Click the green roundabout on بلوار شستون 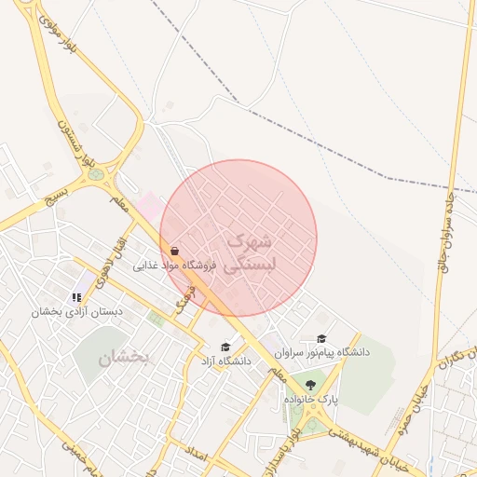click(97, 173)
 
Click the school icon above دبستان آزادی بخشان click(76, 297)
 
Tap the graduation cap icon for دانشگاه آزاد click(225, 347)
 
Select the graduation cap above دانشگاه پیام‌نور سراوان click(321, 339)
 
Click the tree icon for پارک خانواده click(310, 385)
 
